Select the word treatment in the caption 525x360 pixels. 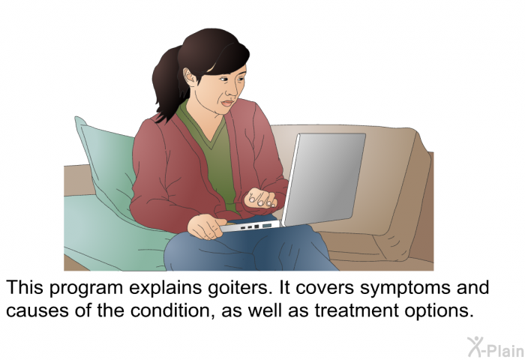click(356, 310)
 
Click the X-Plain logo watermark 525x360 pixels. click(496, 347)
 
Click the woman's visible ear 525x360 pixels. click(190, 78)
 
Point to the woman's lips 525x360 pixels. click(228, 103)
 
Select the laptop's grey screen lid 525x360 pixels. click(324, 179)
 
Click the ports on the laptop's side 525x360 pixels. click(255, 227)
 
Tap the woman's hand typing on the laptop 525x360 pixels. click(261, 198)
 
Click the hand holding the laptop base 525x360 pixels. click(205, 226)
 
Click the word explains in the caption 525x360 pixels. click(166, 289)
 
